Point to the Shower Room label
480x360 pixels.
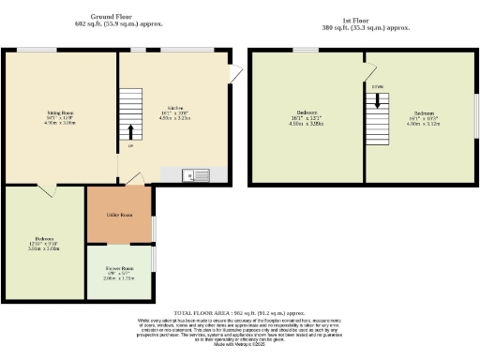pyautogui.click(x=118, y=267)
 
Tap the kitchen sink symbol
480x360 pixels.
pyautogui.click(x=199, y=173)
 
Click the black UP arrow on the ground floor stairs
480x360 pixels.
pyautogui.click(x=130, y=131)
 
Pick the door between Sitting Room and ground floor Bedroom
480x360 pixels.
pyautogui.click(x=55, y=190)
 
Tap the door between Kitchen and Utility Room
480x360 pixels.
pyautogui.click(x=136, y=179)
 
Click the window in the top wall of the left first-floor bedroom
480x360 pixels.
pyautogui.click(x=305, y=50)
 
